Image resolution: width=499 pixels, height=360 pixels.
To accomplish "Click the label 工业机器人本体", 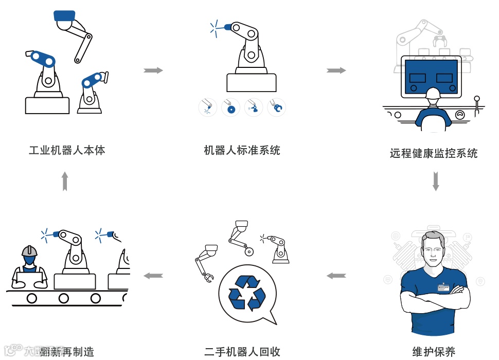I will [67, 151].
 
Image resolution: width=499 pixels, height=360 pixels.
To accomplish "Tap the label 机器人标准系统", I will [242, 151].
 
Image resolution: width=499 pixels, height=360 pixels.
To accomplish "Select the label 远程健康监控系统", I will [434, 153].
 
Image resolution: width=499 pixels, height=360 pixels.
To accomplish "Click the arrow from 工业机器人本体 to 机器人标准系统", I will [153, 70].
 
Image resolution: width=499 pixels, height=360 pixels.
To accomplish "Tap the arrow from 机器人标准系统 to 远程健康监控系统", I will [336, 70].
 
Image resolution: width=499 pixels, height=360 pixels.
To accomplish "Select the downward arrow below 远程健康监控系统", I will [436, 182].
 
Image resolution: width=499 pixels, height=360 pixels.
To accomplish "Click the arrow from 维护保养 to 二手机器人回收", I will [336, 276].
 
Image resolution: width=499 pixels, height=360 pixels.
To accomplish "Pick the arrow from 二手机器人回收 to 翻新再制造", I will [153, 276].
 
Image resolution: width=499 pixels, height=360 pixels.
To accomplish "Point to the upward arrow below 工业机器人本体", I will [65, 182].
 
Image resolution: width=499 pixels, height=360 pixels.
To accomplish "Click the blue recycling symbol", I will [247, 293].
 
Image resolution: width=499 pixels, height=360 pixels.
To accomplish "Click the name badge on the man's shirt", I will [443, 287].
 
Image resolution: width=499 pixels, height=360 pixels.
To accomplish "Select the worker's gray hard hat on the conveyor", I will [29, 251].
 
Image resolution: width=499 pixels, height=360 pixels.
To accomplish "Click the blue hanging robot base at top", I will [65, 16].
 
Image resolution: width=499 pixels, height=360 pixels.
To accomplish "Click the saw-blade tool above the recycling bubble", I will [249, 251].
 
